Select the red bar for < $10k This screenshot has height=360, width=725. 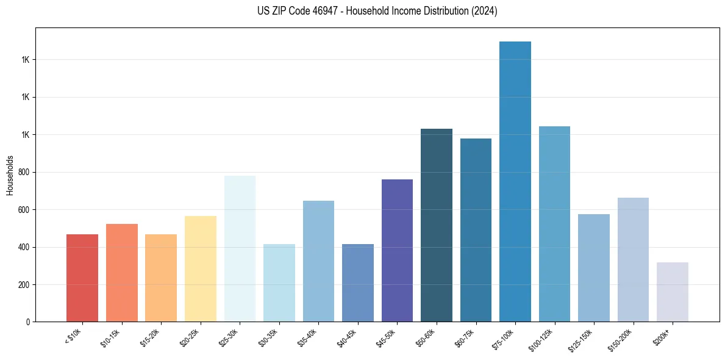point(82,278)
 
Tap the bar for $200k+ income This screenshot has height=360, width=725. point(673,292)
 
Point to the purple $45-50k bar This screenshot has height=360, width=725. point(397,251)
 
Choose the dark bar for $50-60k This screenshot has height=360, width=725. point(437,225)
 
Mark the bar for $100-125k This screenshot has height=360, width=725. point(554,224)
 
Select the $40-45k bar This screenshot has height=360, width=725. point(358,283)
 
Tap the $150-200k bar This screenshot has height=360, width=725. point(633,260)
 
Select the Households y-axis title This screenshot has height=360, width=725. point(10,175)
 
